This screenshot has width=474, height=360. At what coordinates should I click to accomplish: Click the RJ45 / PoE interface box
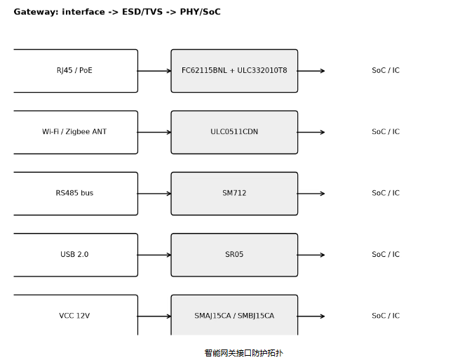coord(76,71)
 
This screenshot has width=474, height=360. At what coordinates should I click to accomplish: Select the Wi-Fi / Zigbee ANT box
coord(76,132)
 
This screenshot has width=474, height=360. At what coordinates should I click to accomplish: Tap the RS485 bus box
coord(76,194)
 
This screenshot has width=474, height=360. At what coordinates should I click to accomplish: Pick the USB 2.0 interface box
coord(76,255)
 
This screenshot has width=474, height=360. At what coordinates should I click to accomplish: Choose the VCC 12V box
coord(76,315)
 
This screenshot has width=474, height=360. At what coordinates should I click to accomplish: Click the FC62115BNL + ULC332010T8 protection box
coord(234,71)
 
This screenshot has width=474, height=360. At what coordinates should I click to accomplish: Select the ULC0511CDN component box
coord(234,132)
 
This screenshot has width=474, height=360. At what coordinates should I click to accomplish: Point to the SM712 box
coord(234,194)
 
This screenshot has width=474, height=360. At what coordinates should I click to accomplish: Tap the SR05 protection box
coord(234,255)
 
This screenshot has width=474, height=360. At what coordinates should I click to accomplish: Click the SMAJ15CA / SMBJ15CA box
coord(234,315)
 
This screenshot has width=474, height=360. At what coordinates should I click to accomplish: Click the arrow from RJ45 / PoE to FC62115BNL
coord(154,71)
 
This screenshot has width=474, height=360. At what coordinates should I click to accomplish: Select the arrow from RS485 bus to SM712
coord(154,194)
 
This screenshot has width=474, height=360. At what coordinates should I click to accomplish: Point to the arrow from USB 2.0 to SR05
coord(154,255)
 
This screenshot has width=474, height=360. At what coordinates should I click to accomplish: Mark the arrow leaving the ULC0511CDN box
coord(311,132)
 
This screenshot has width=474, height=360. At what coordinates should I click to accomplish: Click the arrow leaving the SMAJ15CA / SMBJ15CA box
coord(311,316)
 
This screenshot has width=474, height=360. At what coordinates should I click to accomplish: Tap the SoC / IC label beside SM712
coord(386,193)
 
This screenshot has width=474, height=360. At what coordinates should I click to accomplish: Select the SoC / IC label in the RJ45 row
coord(386,70)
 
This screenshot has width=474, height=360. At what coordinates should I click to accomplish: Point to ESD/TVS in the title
coord(142,12)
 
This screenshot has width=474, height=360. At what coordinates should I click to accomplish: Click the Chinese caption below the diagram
coord(243,353)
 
